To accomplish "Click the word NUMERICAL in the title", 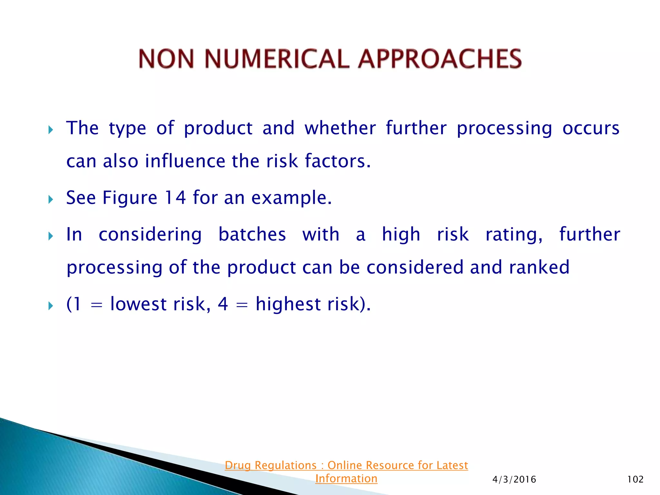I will [277, 59].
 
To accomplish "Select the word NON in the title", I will [167, 59].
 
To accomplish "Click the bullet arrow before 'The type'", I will [51, 130].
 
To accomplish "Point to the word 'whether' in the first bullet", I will [340, 128].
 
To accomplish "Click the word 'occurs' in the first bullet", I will [591, 128].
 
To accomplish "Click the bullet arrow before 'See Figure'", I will [51, 199].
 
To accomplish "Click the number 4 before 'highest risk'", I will [223, 304].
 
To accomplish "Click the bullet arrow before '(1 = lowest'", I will [51, 306].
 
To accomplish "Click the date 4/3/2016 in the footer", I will [514, 480].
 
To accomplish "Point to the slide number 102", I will [635, 480].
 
